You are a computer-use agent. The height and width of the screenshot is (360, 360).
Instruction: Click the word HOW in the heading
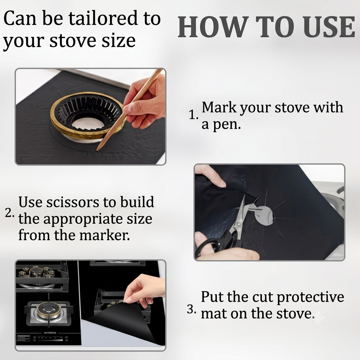coord(212,27)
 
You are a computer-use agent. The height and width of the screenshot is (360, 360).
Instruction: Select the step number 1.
coord(193,115)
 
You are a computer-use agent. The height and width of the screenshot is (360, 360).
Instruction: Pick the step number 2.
coord(9,213)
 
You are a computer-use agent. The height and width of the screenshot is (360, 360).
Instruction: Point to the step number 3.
coord(192,309)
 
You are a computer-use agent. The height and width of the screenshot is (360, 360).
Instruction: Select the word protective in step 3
coord(310,297)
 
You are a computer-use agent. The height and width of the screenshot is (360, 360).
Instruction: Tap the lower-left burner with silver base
coord(49,313)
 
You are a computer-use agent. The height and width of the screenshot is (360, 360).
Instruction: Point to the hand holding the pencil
coord(144,103)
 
